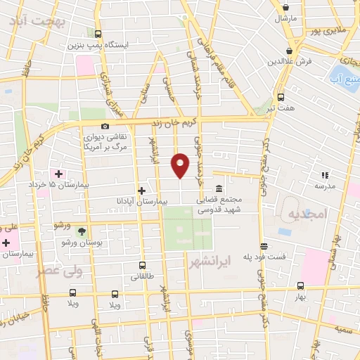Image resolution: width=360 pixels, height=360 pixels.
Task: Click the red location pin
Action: coord(181,165)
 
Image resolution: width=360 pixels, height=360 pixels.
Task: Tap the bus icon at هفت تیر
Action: coord(281,97)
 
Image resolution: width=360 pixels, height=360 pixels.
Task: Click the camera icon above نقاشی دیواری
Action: coord(105,126)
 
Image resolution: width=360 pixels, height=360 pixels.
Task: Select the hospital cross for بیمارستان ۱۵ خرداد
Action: coord(58,174)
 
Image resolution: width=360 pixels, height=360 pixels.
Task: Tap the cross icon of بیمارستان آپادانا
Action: coord(141,191)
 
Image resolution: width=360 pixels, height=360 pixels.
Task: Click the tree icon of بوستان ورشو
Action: coord(82,231)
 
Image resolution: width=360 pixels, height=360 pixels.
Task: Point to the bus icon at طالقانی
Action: coord(143,266)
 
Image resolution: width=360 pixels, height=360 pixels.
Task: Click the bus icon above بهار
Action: coord(301,285)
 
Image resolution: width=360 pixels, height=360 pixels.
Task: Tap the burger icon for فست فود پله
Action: coord(264,246)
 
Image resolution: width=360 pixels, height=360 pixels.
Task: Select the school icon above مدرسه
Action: coord(325,174)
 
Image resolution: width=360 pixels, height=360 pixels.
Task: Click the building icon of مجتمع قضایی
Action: coord(219,188)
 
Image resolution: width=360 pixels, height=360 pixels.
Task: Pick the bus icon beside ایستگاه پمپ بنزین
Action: coord(97,34)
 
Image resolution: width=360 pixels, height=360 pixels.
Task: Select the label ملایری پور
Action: coord(328,32)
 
